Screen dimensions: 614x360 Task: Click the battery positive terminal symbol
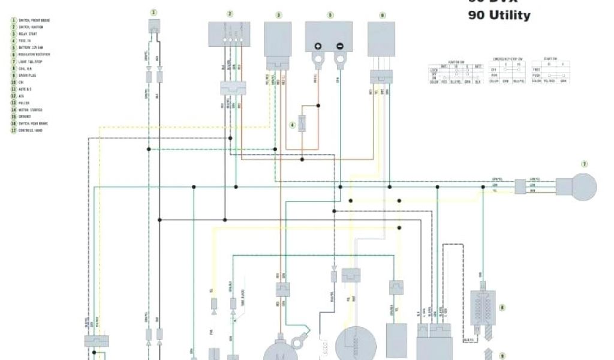pyautogui.click(x=318, y=46)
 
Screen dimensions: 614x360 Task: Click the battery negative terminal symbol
pyautogui.click(x=339, y=46)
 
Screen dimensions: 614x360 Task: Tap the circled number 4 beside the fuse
pyautogui.click(x=293, y=125)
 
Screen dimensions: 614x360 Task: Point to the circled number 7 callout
pyautogui.click(x=584, y=164)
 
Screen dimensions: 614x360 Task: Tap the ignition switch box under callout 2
pyautogui.click(x=230, y=34)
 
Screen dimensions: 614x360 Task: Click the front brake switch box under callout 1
pyautogui.click(x=154, y=26)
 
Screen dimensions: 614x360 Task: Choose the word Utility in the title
pyautogui.click(x=508, y=16)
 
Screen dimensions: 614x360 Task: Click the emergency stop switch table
pyautogui.click(x=507, y=71)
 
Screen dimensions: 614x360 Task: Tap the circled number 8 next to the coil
pyautogui.click(x=502, y=307)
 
